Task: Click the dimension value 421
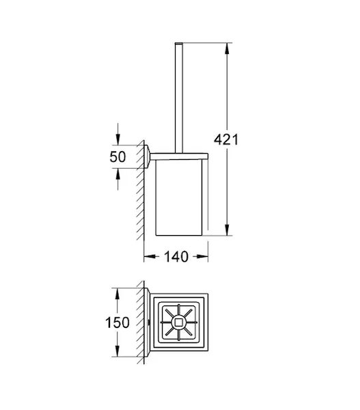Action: click(x=226, y=139)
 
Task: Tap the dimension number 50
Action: click(x=117, y=157)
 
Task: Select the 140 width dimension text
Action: click(x=176, y=256)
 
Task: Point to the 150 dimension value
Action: click(x=117, y=323)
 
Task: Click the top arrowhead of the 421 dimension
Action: click(x=227, y=49)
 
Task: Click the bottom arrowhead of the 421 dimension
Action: click(x=227, y=230)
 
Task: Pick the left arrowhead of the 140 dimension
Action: click(x=150, y=256)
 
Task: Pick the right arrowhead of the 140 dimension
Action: click(x=202, y=256)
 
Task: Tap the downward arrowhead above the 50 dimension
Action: click(x=118, y=139)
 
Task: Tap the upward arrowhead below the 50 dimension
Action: click(x=118, y=174)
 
